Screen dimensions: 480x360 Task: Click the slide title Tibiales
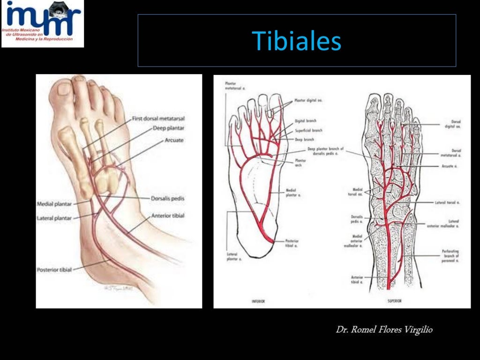297,41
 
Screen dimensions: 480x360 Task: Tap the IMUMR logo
43,23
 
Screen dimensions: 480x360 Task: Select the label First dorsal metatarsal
158,120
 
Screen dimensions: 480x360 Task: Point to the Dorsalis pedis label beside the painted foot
168,198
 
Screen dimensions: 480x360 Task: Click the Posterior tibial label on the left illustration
54,270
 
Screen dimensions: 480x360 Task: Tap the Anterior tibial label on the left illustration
168,216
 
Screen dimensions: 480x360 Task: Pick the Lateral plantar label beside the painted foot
55,218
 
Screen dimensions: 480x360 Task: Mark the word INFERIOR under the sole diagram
258,301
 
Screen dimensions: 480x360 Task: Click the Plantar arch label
300,163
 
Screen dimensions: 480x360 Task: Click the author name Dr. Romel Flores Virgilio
384,330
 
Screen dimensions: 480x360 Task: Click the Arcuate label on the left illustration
174,140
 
